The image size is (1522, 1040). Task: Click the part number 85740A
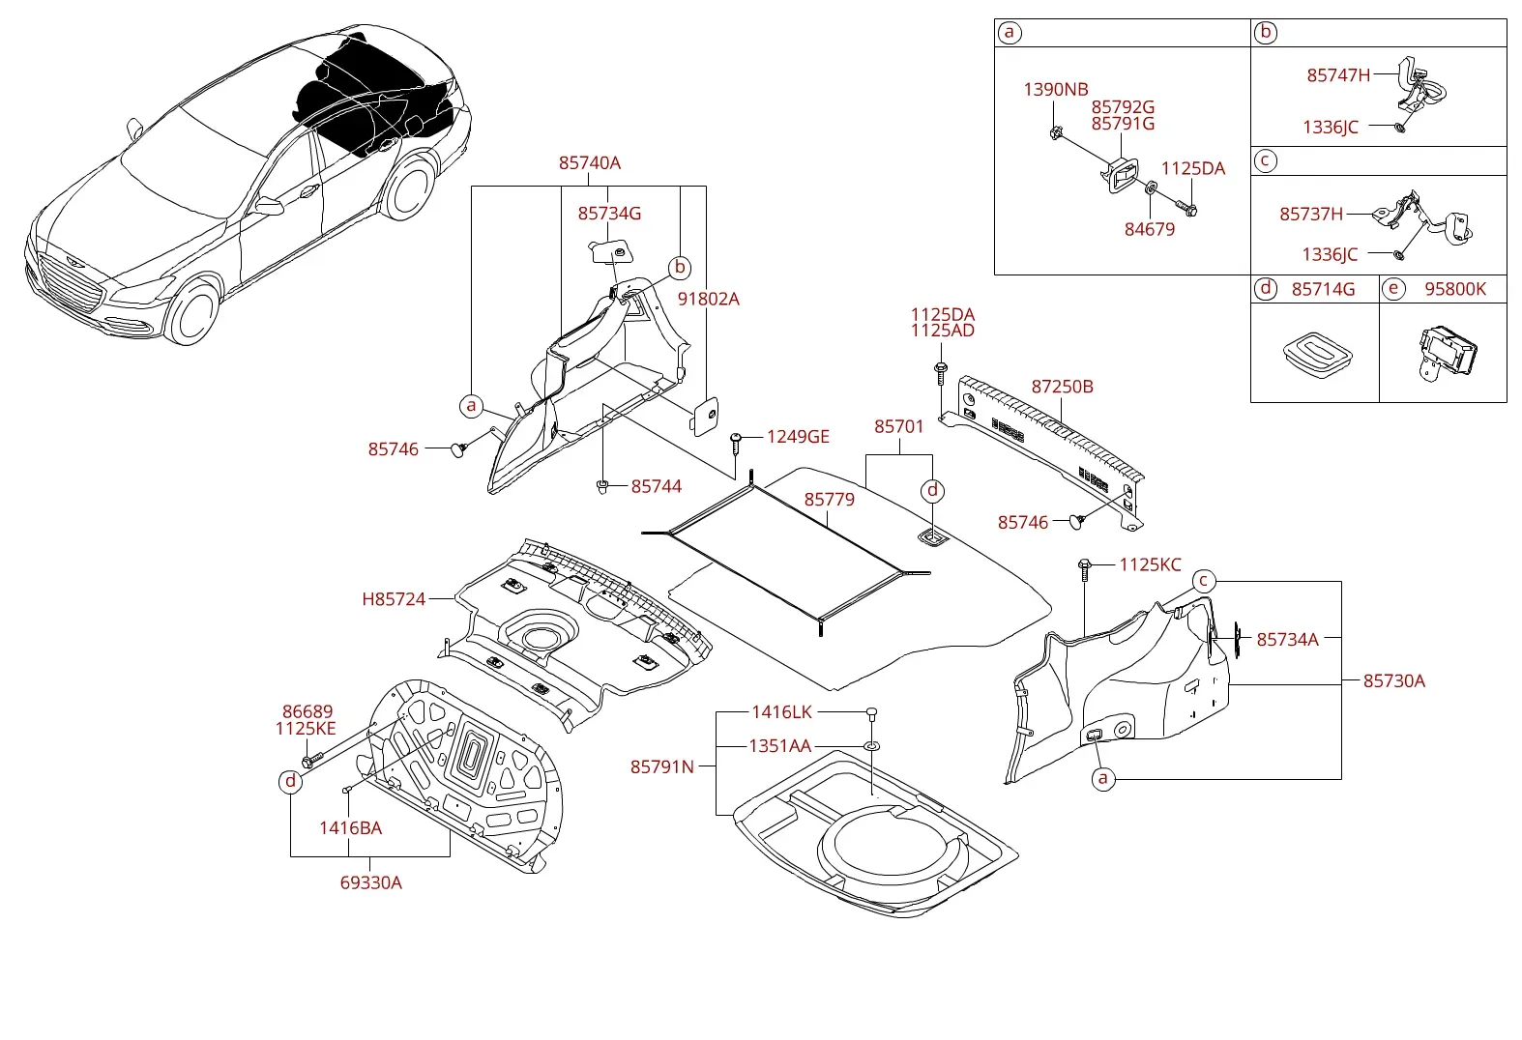(x=590, y=163)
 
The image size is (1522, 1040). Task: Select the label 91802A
(x=708, y=299)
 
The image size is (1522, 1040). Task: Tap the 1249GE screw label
(x=798, y=437)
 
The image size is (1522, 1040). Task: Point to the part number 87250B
(x=1062, y=387)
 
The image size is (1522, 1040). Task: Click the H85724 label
(x=394, y=599)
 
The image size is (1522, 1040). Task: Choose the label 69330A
(x=371, y=883)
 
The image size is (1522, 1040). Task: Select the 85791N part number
(x=661, y=766)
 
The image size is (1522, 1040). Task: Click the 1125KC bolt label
(x=1151, y=564)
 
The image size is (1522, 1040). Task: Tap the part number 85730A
(x=1394, y=680)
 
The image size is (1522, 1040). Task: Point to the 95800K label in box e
(x=1455, y=289)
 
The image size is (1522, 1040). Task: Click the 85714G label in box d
(x=1323, y=289)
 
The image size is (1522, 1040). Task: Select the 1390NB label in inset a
(x=1056, y=90)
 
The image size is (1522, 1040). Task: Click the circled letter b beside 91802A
(x=680, y=268)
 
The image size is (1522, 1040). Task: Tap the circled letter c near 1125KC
(x=1203, y=581)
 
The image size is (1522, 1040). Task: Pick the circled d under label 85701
(x=932, y=490)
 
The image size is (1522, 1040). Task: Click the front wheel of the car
(x=193, y=311)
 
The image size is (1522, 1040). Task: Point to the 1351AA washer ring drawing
(x=872, y=746)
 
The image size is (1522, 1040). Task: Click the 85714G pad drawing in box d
(x=1317, y=355)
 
